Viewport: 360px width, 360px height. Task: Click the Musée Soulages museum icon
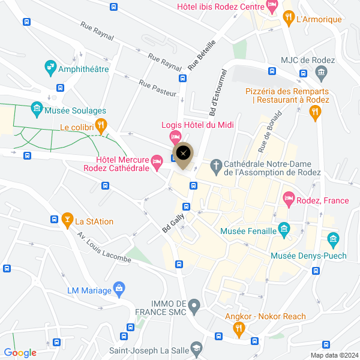37,110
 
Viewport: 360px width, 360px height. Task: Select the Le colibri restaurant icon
101,126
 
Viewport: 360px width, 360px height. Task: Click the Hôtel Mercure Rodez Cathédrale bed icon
157,160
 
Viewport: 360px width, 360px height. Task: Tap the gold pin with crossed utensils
183,153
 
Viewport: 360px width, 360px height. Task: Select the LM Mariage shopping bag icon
119,289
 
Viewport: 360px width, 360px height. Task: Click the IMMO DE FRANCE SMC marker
194,307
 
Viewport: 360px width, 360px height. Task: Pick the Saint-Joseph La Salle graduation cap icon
196,349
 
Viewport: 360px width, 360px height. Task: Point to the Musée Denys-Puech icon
333,241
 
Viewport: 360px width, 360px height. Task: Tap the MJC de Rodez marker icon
322,74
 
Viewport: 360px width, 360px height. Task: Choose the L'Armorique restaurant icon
289,18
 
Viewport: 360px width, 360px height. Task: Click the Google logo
20,353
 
